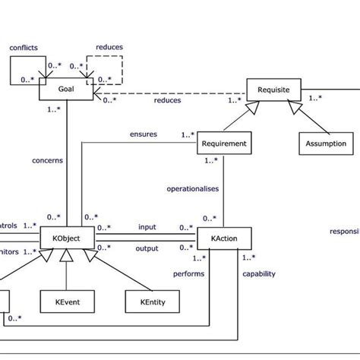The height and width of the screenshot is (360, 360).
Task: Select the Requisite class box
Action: (x=273, y=89)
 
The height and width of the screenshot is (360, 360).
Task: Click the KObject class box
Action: (x=66, y=239)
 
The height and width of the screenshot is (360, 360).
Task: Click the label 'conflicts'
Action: (x=24, y=47)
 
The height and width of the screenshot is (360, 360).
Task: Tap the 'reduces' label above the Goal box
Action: (x=109, y=46)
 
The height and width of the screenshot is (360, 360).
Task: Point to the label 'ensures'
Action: (x=144, y=134)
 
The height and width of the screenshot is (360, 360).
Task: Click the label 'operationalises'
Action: (x=186, y=185)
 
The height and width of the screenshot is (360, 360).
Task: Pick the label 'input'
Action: (x=147, y=226)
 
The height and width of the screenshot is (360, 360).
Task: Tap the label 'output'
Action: (x=147, y=248)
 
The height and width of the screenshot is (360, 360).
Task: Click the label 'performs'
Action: (x=190, y=273)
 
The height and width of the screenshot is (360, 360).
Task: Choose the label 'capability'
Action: (x=258, y=273)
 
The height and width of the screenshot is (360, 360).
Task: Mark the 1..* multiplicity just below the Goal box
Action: (x=55, y=109)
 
